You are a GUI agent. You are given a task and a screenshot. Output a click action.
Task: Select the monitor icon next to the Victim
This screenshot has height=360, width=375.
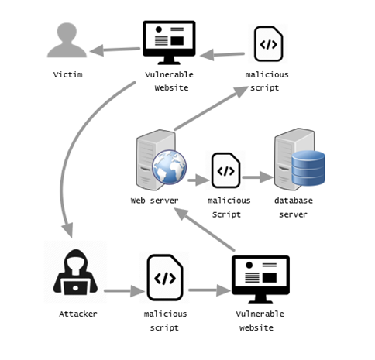point(168,43)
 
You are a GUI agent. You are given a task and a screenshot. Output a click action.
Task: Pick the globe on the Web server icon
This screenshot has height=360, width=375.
point(170,169)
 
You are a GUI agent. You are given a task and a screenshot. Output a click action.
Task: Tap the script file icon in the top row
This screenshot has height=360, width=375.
point(268,43)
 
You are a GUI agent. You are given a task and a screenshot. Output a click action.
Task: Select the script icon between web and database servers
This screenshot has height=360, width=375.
point(226,170)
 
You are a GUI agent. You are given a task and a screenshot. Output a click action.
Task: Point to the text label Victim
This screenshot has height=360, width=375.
point(67,75)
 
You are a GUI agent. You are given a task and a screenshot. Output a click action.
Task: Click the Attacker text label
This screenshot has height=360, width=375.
point(77,314)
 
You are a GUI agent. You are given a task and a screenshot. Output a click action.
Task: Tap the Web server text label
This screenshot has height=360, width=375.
point(154,201)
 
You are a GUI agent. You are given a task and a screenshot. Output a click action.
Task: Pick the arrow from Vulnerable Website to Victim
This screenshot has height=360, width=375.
point(116,51)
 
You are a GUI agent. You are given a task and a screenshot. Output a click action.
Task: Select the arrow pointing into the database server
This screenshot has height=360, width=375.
point(256,177)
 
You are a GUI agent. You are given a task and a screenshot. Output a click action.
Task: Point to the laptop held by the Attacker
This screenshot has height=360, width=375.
point(75,288)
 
